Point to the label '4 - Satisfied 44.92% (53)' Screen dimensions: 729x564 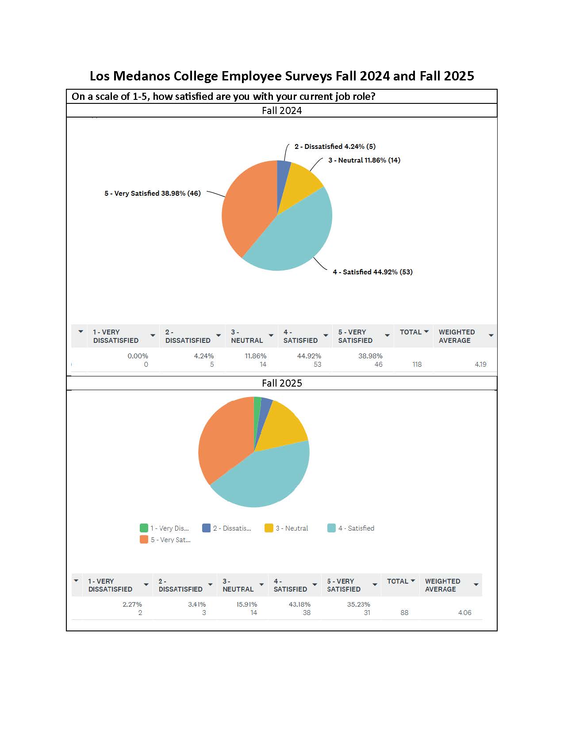372,272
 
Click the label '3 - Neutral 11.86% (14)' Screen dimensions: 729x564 364,160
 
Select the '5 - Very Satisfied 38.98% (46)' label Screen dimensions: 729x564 153,194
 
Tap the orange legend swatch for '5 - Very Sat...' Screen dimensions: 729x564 144,539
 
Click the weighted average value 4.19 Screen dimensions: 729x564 480,364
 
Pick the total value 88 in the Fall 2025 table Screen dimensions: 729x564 404,613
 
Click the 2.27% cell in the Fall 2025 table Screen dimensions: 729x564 132,604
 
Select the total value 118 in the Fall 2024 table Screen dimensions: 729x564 417,364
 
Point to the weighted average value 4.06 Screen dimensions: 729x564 465,613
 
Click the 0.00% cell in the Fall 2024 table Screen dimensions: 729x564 138,356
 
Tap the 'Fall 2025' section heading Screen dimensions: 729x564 282,383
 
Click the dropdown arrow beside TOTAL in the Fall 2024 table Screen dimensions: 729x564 426,332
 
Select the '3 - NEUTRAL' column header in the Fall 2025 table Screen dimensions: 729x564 238,585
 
